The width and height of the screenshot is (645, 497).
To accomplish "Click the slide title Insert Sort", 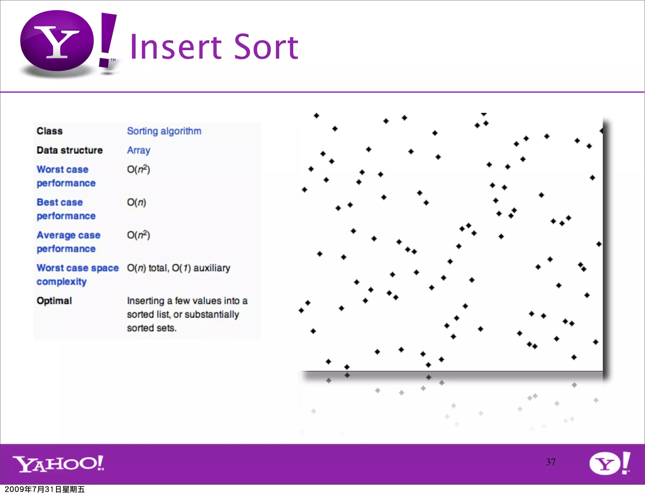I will [x=214, y=47].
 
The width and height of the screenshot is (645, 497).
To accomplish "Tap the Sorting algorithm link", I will [x=164, y=131].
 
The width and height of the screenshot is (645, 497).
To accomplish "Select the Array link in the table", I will [x=139, y=150].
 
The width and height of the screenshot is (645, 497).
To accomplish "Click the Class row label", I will [x=50, y=131].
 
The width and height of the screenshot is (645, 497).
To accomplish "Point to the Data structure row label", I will [x=70, y=150].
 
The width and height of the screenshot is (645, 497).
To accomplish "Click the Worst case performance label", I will [x=66, y=176].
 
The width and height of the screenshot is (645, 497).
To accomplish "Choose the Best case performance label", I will [x=66, y=209].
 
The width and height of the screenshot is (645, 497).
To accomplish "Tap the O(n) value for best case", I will [x=136, y=202].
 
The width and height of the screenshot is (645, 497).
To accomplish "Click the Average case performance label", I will [x=68, y=242].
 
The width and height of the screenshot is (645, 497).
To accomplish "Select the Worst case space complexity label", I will [x=77, y=274].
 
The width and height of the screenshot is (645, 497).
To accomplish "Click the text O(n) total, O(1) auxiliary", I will [x=179, y=268].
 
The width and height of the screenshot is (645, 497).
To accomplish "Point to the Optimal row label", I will [x=54, y=301].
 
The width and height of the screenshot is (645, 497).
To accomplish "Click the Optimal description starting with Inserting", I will [x=187, y=314].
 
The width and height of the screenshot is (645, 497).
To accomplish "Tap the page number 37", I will [x=551, y=462].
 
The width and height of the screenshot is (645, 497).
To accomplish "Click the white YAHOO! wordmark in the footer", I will [x=58, y=464].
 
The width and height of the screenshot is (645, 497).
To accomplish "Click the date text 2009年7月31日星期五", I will [x=45, y=489].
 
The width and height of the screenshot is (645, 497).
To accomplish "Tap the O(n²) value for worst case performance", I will [x=138, y=169].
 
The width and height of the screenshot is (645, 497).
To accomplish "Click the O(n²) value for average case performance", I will [x=138, y=235].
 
